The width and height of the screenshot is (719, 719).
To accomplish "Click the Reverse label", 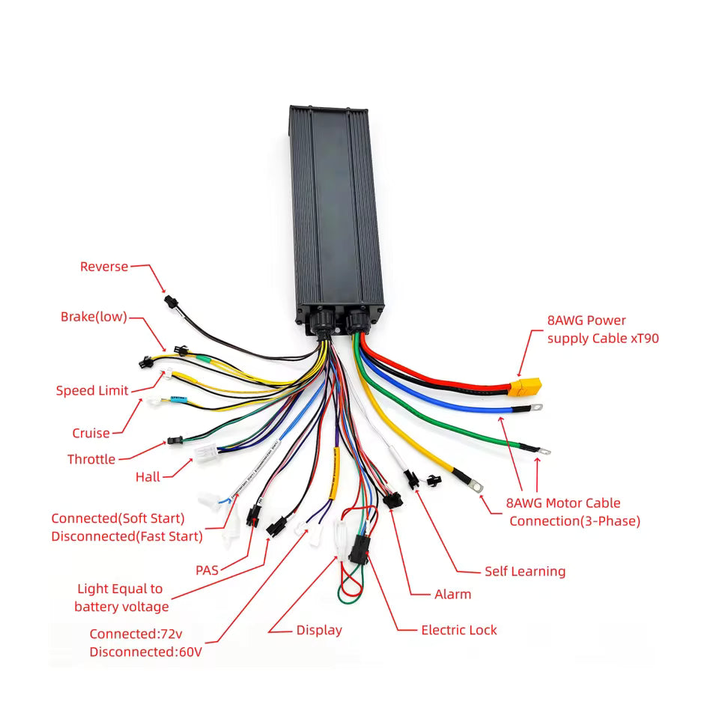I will (104, 267).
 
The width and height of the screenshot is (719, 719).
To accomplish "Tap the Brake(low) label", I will (94, 317).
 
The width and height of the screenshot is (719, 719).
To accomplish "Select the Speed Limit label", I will (91, 390).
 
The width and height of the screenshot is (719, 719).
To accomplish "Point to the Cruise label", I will (91, 433).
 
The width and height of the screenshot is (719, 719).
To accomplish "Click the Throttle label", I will (91, 459).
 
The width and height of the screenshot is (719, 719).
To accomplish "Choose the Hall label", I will (148, 476).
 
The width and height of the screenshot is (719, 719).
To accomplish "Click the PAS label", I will (207, 570).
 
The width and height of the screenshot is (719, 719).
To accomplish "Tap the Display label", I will (319, 630).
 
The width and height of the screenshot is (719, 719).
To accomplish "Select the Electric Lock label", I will (458, 630).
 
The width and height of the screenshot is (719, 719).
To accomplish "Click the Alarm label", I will (453, 594).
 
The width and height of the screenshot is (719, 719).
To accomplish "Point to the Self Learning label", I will (525, 571).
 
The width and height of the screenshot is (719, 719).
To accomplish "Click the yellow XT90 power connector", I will (524, 387).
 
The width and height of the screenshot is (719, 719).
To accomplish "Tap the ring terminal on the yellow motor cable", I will (476, 488).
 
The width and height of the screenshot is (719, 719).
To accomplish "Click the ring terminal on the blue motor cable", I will (536, 408).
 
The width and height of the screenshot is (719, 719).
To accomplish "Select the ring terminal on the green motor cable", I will (544, 451).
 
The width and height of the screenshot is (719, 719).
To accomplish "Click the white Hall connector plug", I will (205, 452).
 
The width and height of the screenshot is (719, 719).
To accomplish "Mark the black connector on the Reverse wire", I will (170, 302).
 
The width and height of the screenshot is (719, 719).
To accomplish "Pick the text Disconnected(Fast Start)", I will (127, 536).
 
